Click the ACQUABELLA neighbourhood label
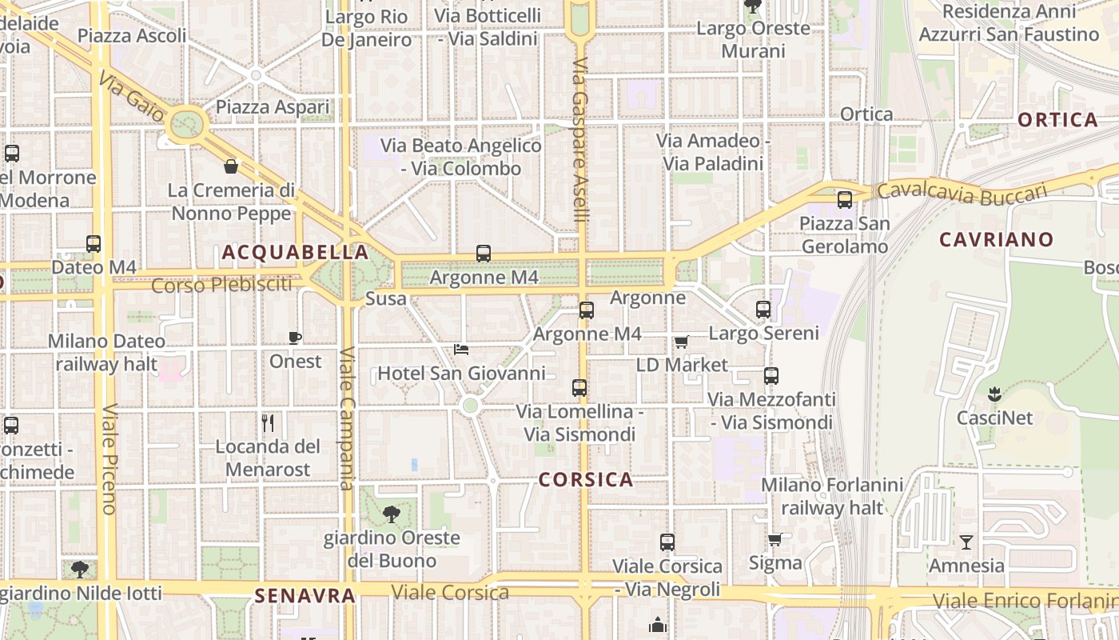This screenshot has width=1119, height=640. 295,253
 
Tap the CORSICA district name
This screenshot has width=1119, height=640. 586,480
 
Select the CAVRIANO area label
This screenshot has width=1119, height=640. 996,239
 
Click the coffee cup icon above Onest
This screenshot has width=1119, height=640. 295,338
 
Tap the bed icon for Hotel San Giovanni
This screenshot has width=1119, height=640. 461,350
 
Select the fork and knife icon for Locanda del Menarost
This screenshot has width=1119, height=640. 268,422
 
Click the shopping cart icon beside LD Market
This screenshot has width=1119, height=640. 682,342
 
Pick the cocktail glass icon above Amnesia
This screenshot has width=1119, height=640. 966,542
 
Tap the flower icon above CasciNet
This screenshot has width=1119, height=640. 995,394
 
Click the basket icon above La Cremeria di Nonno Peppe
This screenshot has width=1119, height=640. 231,166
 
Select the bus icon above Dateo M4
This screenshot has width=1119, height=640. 94,244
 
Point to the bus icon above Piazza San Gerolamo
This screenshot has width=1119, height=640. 845,200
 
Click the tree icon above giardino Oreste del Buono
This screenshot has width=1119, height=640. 392,514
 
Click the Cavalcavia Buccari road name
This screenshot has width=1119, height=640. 962,192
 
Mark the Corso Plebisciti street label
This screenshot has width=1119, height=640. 221,285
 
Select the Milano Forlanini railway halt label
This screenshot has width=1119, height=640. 832,496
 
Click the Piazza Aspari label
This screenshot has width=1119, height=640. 273,107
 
